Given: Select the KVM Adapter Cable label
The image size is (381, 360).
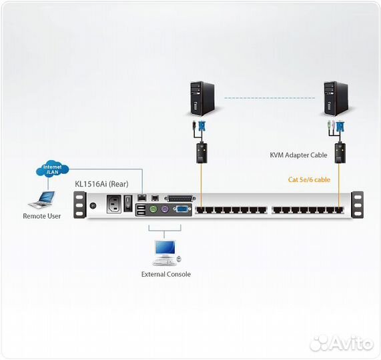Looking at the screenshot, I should (x=298, y=155).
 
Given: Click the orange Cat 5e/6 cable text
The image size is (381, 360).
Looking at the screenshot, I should (x=309, y=179).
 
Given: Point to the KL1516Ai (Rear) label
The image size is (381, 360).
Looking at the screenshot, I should (x=101, y=183).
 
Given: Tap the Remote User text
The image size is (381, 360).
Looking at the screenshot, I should (x=42, y=216).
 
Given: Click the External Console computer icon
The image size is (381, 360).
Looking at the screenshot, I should (x=165, y=251).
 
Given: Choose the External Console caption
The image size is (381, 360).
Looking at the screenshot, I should (x=165, y=274).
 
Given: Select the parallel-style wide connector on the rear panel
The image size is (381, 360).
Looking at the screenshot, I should (x=181, y=198).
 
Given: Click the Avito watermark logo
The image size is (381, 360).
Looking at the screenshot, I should (x=342, y=343).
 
